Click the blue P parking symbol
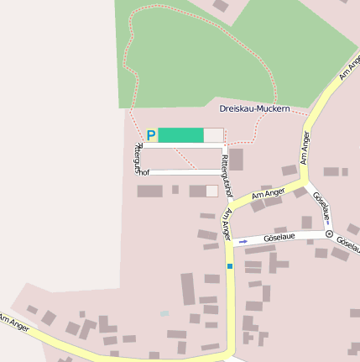pos(151,135)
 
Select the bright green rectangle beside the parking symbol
pos(180,135)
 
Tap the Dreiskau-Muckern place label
pos(254,109)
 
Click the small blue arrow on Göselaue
pos(243,241)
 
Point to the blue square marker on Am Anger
pos(229,266)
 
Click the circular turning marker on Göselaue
pos(329,233)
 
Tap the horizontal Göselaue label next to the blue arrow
pos(280,238)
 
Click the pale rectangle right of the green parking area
pos(214,135)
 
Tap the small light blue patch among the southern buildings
pos(164,314)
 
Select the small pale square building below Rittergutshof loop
pos(211,191)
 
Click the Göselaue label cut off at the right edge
pos(347,244)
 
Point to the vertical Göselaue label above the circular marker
pos(320,206)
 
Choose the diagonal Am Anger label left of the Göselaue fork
pos(269,195)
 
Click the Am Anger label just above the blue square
pos(227,225)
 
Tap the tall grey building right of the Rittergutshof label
pos(237,160)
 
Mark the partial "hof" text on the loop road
pos(143,172)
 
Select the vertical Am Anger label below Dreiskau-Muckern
pos(304,150)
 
